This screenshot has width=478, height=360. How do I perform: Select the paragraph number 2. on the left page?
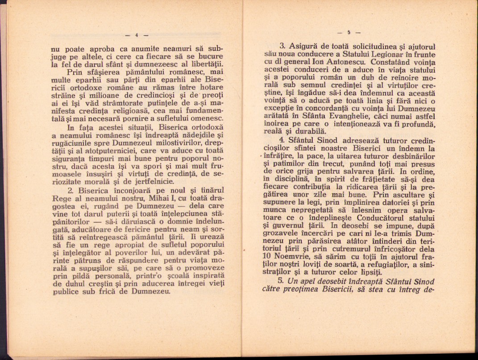pos(69,189)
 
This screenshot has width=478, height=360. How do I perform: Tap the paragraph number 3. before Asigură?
pos(282,46)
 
